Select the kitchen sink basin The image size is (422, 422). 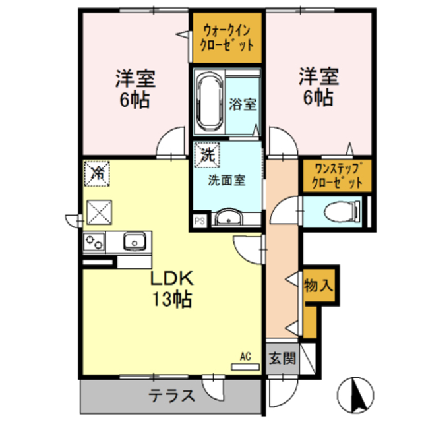point(134,241)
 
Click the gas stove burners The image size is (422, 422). point(93,242)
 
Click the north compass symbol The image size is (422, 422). point(357,394)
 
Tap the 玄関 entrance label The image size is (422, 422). point(282,359)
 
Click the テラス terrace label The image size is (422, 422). point(171,396)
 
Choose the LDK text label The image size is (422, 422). point(173,278)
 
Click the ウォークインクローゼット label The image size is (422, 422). point(227,38)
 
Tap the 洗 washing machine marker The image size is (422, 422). point(207,156)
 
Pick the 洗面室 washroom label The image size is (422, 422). point(227,179)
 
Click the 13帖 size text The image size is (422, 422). point(173,300)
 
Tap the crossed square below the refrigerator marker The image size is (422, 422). point(98,213)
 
